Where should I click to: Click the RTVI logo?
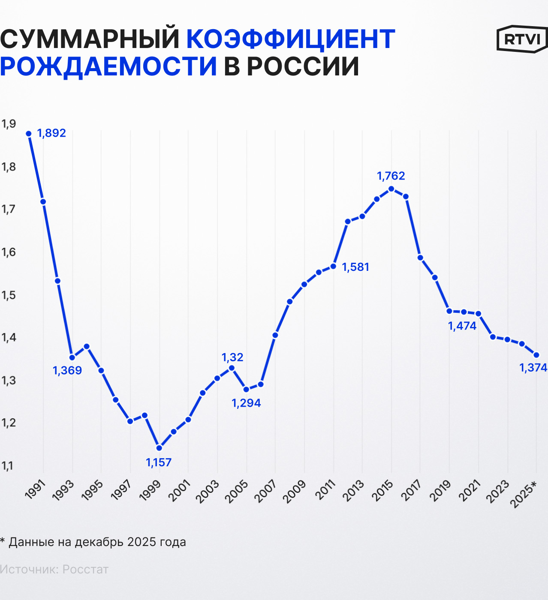(522, 39)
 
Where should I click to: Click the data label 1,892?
(51, 133)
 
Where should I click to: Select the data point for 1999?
(159, 448)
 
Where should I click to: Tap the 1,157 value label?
(159, 462)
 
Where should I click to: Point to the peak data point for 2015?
(391, 189)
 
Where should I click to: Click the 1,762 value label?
(391, 176)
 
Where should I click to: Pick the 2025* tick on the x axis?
(524, 494)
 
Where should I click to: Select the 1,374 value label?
(533, 368)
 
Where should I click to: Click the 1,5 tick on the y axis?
(9, 295)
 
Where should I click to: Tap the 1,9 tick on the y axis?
(9, 124)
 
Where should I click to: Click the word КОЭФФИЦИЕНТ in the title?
(290, 39)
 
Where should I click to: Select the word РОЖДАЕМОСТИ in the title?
(108, 66)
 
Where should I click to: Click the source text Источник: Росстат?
(54, 570)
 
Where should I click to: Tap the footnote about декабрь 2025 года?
(93, 542)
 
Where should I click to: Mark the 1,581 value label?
(355, 267)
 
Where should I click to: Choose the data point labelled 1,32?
(232, 368)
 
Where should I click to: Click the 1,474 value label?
(462, 326)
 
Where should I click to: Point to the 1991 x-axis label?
(35, 490)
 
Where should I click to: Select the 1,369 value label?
(67, 370)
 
